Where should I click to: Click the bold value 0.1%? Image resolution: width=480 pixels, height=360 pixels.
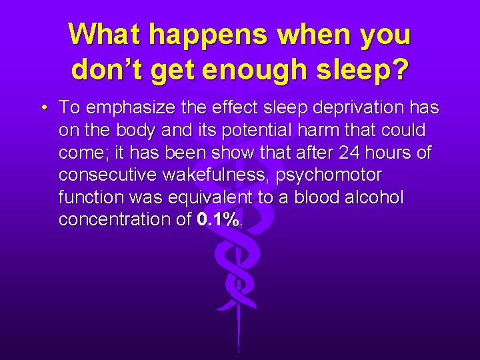click(x=218, y=220)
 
